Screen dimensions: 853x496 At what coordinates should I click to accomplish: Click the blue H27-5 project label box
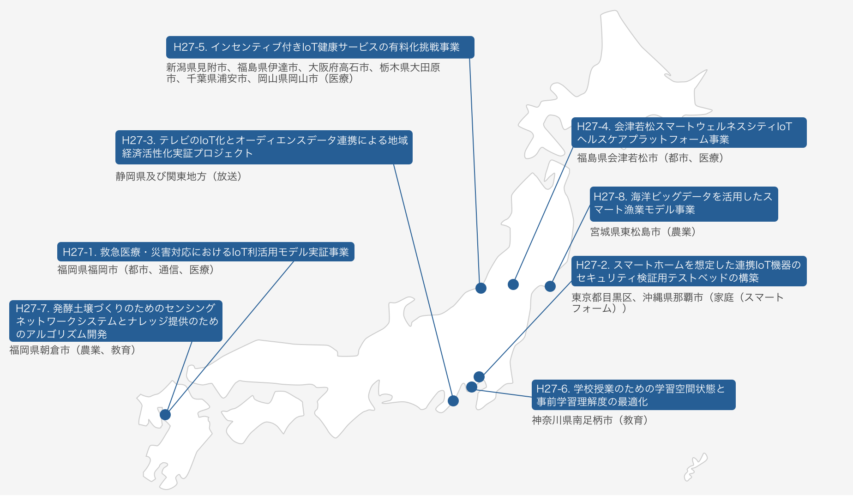[320, 47]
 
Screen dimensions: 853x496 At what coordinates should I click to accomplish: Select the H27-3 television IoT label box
[264, 147]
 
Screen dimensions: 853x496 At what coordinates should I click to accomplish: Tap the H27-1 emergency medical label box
[205, 252]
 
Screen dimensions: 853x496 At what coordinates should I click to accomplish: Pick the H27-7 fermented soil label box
[115, 321]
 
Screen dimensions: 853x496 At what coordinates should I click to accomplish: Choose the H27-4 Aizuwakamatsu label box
[689, 133]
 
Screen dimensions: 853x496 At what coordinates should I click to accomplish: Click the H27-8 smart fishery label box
[684, 204]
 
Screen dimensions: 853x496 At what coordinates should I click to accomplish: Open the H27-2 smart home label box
[689, 271]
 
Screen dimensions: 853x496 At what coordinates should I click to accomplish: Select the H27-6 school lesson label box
[633, 395]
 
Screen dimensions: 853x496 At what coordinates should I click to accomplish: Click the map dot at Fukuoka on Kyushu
[165, 414]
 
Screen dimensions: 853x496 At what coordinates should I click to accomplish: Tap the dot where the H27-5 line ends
[481, 288]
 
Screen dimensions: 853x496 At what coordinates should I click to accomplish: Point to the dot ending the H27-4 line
[513, 284]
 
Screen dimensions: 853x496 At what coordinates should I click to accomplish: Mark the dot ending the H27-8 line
[550, 286]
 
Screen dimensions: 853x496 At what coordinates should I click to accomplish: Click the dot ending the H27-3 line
[453, 401]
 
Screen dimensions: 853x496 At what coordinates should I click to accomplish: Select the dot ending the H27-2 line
[479, 377]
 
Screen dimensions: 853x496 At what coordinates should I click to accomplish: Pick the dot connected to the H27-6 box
[472, 387]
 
